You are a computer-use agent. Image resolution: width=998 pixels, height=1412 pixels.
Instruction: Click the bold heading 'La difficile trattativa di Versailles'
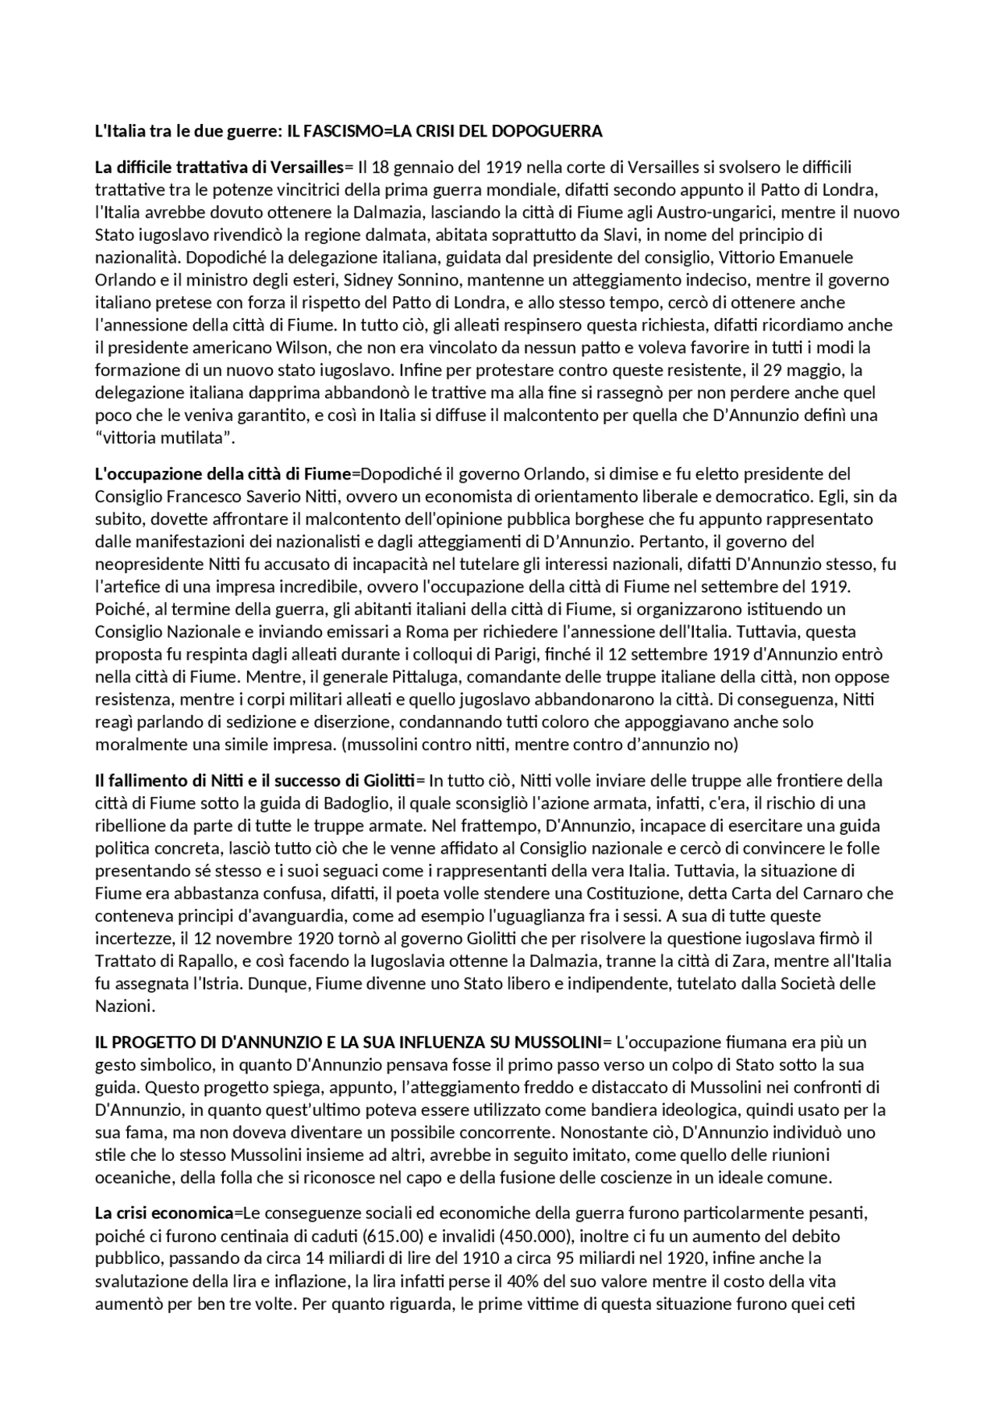coord(219,167)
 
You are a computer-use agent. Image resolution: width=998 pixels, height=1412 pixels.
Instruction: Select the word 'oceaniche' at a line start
coord(129,1177)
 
